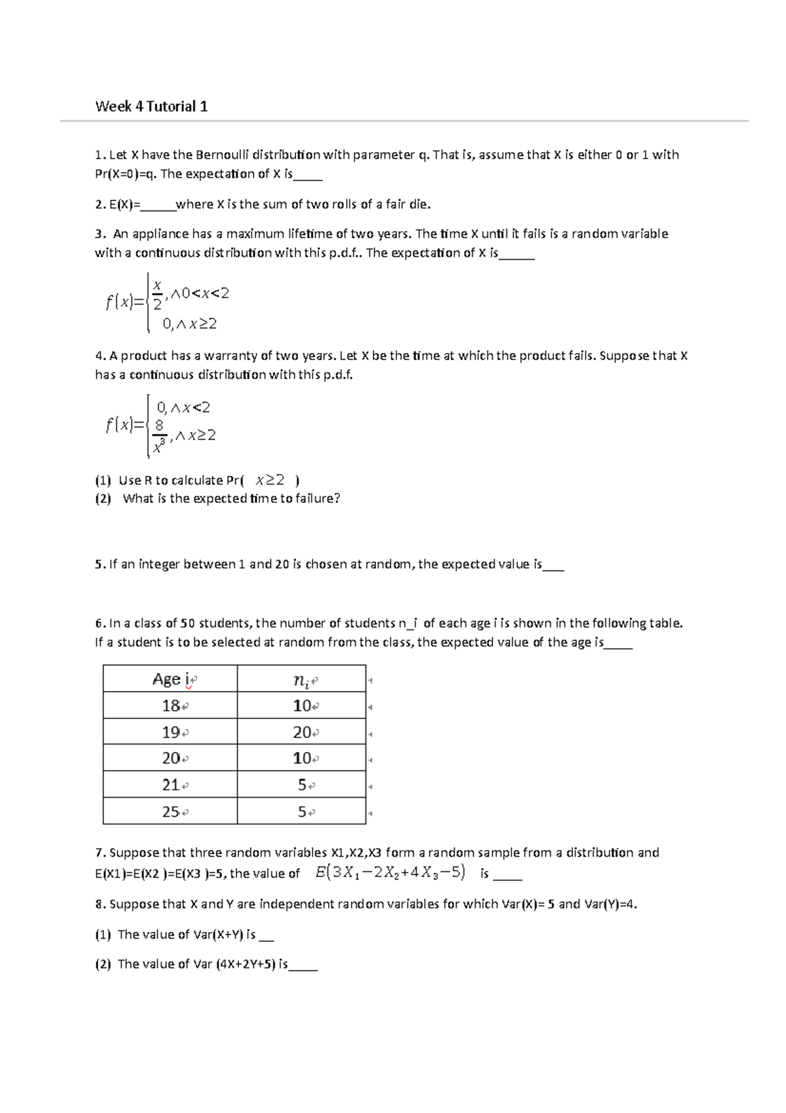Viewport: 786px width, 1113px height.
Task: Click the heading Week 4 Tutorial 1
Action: coord(151,106)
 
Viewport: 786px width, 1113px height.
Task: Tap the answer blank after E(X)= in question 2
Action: coord(158,205)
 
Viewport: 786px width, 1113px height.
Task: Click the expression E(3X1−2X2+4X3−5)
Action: coord(390,872)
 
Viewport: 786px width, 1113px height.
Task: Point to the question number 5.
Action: coord(98,564)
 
